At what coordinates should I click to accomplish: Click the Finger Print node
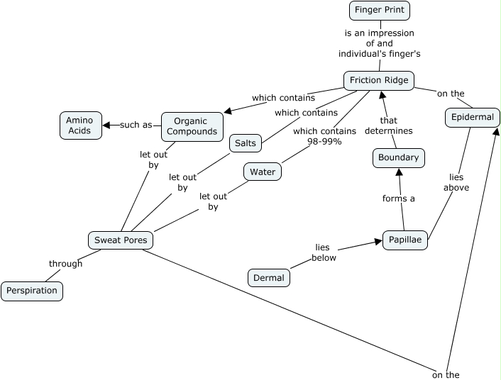point(380,10)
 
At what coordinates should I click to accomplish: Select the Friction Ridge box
point(379,80)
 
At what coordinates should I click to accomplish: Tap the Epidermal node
point(473,117)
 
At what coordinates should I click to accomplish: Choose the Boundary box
point(399,158)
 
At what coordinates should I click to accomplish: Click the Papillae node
point(405,240)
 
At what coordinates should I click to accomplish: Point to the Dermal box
point(269,278)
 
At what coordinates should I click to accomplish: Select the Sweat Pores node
point(121,240)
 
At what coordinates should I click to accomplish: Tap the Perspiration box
point(32,291)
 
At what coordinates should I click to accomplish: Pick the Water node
point(263,172)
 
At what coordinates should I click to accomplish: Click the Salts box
point(245,143)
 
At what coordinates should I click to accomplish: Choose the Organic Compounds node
point(192,126)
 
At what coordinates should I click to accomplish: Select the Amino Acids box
point(79,125)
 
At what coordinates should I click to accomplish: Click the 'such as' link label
point(136,125)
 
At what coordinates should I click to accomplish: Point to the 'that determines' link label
point(388,125)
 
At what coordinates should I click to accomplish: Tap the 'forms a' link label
point(399,199)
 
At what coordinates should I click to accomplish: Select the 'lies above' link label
point(456,182)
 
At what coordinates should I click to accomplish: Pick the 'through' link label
point(66,264)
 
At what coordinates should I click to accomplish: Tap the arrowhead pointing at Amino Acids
point(106,125)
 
